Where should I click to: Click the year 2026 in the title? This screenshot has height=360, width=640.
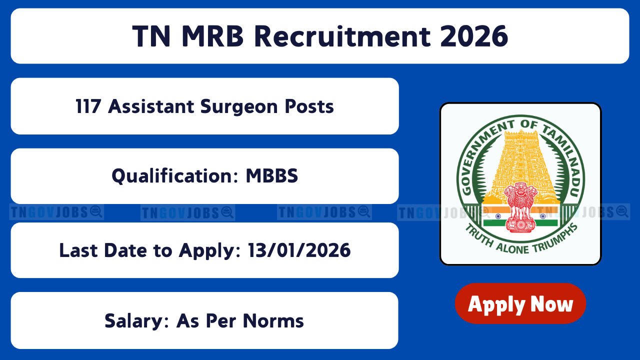coord(474,36)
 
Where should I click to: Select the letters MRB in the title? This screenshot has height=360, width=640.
coord(212,36)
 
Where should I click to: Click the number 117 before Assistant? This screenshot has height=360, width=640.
coord(88,106)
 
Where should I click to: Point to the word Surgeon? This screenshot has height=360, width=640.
coord(239,107)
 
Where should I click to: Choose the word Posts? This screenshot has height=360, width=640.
coord(309,106)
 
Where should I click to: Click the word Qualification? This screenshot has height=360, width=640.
coord(175,176)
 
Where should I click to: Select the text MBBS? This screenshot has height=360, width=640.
coord(271,175)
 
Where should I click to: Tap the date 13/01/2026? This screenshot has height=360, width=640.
coord(299,250)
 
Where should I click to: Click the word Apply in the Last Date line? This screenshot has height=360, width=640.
coord(209,251)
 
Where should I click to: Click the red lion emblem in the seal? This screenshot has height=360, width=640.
coord(520,207)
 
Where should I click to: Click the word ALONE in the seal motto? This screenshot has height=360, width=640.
coord(512,248)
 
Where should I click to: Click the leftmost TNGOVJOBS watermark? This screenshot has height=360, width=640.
coord(56,212)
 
